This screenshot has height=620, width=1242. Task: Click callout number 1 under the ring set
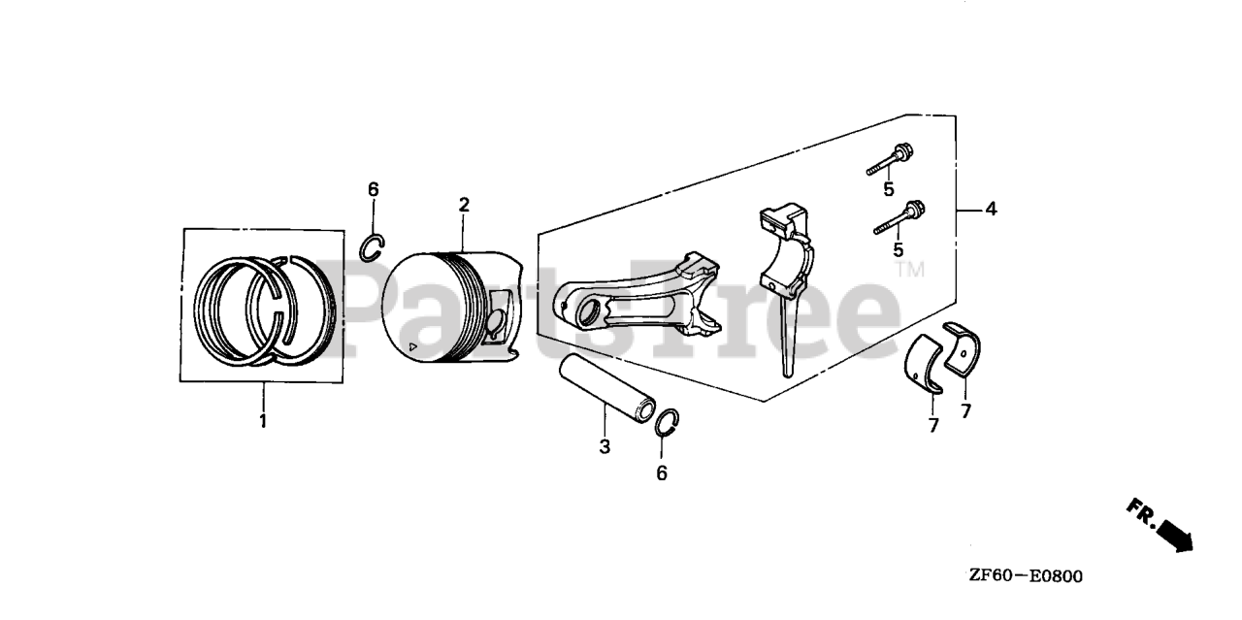262,421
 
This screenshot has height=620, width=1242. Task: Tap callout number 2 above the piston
464,205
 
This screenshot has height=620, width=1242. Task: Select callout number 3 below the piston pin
605,446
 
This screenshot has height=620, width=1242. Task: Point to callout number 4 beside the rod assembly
991,209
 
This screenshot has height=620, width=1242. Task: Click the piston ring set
263,309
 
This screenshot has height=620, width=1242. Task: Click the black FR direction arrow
1175,535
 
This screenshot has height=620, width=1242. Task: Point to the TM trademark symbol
909,269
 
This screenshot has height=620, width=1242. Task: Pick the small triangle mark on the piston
413,345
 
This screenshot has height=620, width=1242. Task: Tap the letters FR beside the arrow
1141,512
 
